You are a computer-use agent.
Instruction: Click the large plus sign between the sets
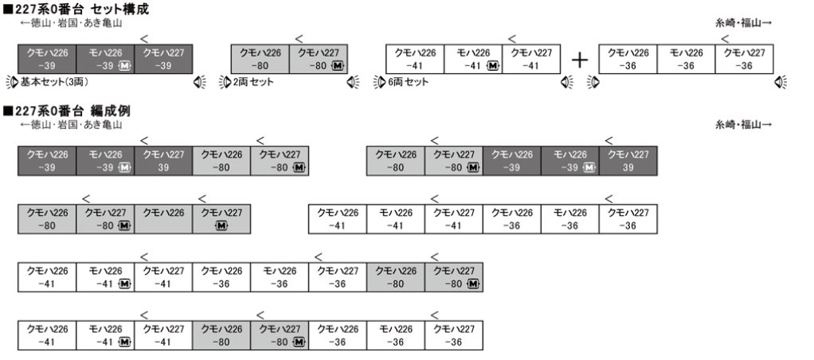click(x=581, y=60)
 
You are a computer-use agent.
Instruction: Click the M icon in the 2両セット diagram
click(x=338, y=66)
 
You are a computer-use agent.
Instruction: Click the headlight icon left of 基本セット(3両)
click(x=11, y=82)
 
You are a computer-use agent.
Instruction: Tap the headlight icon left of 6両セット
click(x=378, y=82)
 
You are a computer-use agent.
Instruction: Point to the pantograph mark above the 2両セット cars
click(x=299, y=38)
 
